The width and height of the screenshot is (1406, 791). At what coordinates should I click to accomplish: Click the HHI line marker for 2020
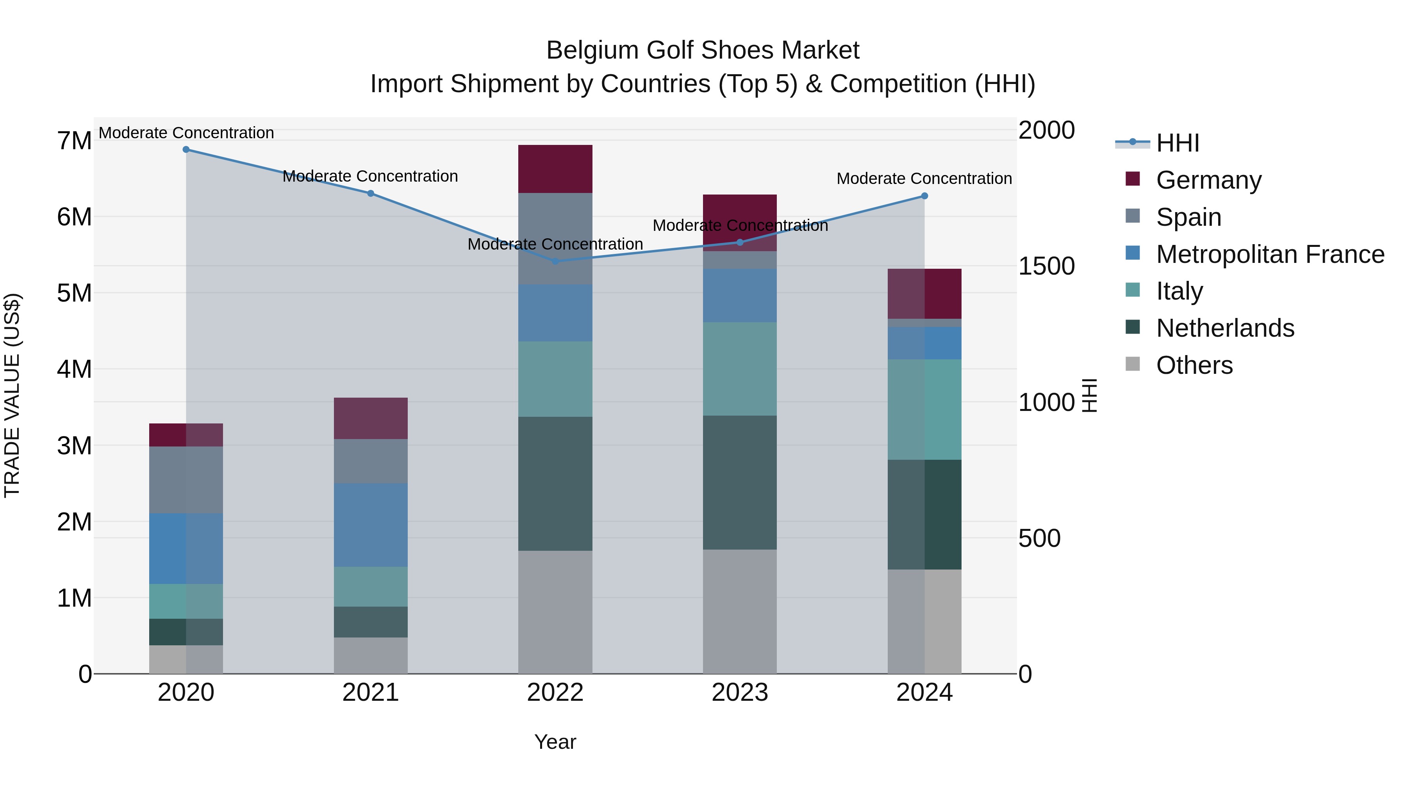[x=186, y=150]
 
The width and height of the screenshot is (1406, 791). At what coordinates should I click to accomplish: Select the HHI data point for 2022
[x=555, y=261]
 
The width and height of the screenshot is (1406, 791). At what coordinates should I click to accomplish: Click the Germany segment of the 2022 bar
[x=555, y=169]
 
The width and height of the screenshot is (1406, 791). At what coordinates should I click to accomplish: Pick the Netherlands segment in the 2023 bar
[x=740, y=482]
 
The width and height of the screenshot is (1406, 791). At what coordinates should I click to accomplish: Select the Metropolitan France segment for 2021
[x=371, y=525]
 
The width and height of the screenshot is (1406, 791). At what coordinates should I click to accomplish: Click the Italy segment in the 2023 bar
[x=740, y=369]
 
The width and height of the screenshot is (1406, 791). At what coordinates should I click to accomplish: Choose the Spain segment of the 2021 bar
[x=371, y=461]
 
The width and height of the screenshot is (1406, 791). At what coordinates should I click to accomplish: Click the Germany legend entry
[x=1208, y=180]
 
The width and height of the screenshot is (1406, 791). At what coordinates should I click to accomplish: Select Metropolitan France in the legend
[x=1270, y=254]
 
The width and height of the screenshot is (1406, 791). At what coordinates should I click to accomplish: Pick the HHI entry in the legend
[x=1177, y=143]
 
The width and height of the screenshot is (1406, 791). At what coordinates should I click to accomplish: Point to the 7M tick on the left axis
[x=74, y=141]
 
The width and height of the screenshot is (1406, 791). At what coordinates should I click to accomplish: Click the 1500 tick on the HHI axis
[x=1046, y=266]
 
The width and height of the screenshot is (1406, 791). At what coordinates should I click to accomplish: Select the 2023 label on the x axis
[x=740, y=693]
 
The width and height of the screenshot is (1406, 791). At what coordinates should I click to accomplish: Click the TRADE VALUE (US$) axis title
[x=12, y=396]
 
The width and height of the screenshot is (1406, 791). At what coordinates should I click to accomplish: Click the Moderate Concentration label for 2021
[x=370, y=176]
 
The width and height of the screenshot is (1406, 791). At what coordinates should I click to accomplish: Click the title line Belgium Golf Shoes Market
[x=703, y=50]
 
